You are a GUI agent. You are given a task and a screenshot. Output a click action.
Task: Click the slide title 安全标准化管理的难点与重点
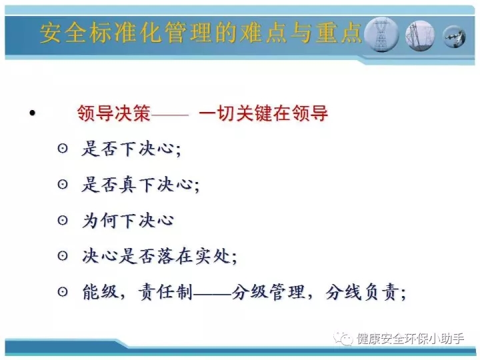coord(201,33)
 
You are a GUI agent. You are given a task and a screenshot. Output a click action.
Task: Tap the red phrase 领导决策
coord(114,113)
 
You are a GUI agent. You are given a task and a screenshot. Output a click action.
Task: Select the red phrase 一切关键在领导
coord(263,113)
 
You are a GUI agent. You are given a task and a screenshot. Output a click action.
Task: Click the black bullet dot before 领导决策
coord(32,113)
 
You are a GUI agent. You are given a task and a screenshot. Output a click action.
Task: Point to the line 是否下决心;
coord(131,149)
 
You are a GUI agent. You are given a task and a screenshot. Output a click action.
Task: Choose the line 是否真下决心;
coord(140,185)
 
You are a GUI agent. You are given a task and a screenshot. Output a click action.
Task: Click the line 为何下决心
coord(128,221)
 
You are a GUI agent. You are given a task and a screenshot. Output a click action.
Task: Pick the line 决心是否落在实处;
coord(159,256)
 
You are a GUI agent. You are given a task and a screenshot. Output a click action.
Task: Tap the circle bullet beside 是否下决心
coord(63,149)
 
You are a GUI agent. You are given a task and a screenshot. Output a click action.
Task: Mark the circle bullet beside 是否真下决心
coord(63,184)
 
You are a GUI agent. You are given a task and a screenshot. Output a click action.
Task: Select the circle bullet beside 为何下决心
coord(63,220)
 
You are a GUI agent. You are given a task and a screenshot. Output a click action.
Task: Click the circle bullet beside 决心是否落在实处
coord(63,255)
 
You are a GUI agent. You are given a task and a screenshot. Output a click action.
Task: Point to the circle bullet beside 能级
coord(63,291)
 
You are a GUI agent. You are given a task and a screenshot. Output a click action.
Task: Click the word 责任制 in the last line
coord(165,292)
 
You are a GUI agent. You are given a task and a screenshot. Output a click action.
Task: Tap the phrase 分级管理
coord(268,292)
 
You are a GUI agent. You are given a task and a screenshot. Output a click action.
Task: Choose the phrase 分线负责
coord(362,292)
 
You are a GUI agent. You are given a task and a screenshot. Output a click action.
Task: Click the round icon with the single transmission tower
coord(382,34)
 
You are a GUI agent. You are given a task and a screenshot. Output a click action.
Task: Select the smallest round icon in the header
coord(454,37)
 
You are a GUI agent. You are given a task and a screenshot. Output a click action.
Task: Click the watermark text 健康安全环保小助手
coord(410,339)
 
